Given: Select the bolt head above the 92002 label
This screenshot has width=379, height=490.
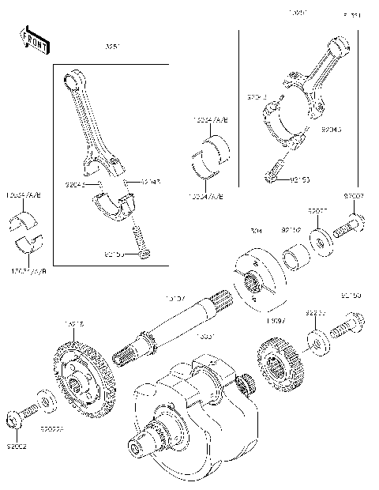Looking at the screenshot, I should coord(15,416).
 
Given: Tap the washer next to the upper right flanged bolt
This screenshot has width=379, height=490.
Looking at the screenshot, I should coord(321,238).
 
